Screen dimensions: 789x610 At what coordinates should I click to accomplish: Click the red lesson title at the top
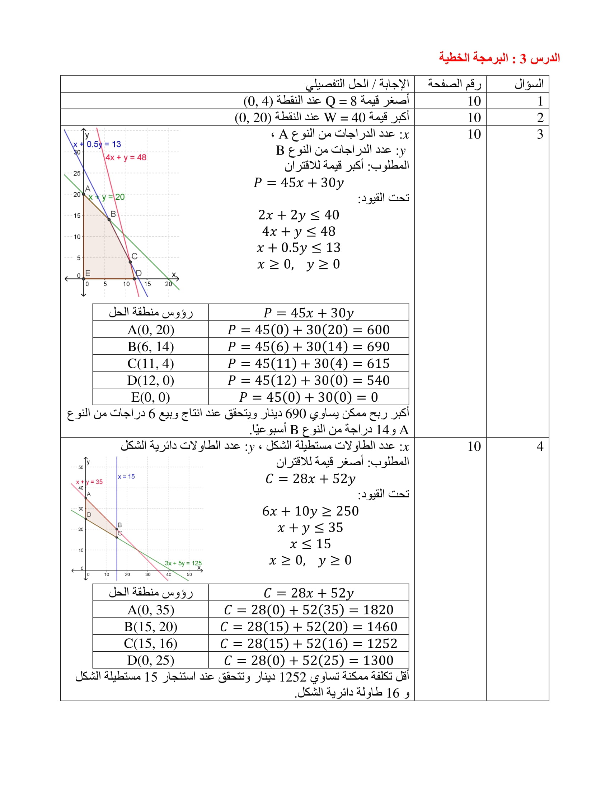click(x=499, y=58)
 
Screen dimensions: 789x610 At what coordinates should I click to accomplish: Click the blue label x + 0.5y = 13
click(x=97, y=145)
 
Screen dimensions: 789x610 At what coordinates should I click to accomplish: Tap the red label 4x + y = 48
click(x=126, y=157)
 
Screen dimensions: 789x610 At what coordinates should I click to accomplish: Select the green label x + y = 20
click(x=107, y=197)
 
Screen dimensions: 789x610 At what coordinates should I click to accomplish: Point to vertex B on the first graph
click(x=109, y=219)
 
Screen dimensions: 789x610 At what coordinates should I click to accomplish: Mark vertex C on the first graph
click(x=131, y=261)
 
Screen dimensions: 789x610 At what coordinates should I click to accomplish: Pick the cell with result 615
click(x=308, y=363)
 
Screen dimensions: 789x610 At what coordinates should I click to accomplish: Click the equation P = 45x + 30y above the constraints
click(x=299, y=183)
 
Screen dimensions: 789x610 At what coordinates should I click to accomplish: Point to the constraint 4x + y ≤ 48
click(x=299, y=232)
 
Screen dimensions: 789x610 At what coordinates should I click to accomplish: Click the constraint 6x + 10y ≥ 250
click(x=310, y=511)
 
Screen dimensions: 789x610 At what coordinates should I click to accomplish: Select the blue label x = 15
click(x=126, y=477)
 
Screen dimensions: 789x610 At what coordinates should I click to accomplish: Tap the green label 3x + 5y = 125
click(x=183, y=563)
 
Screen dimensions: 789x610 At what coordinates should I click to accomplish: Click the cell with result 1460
click(x=308, y=627)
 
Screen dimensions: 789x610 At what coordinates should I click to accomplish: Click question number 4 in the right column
click(x=540, y=447)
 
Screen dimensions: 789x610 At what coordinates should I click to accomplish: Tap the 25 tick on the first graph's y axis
click(x=77, y=174)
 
